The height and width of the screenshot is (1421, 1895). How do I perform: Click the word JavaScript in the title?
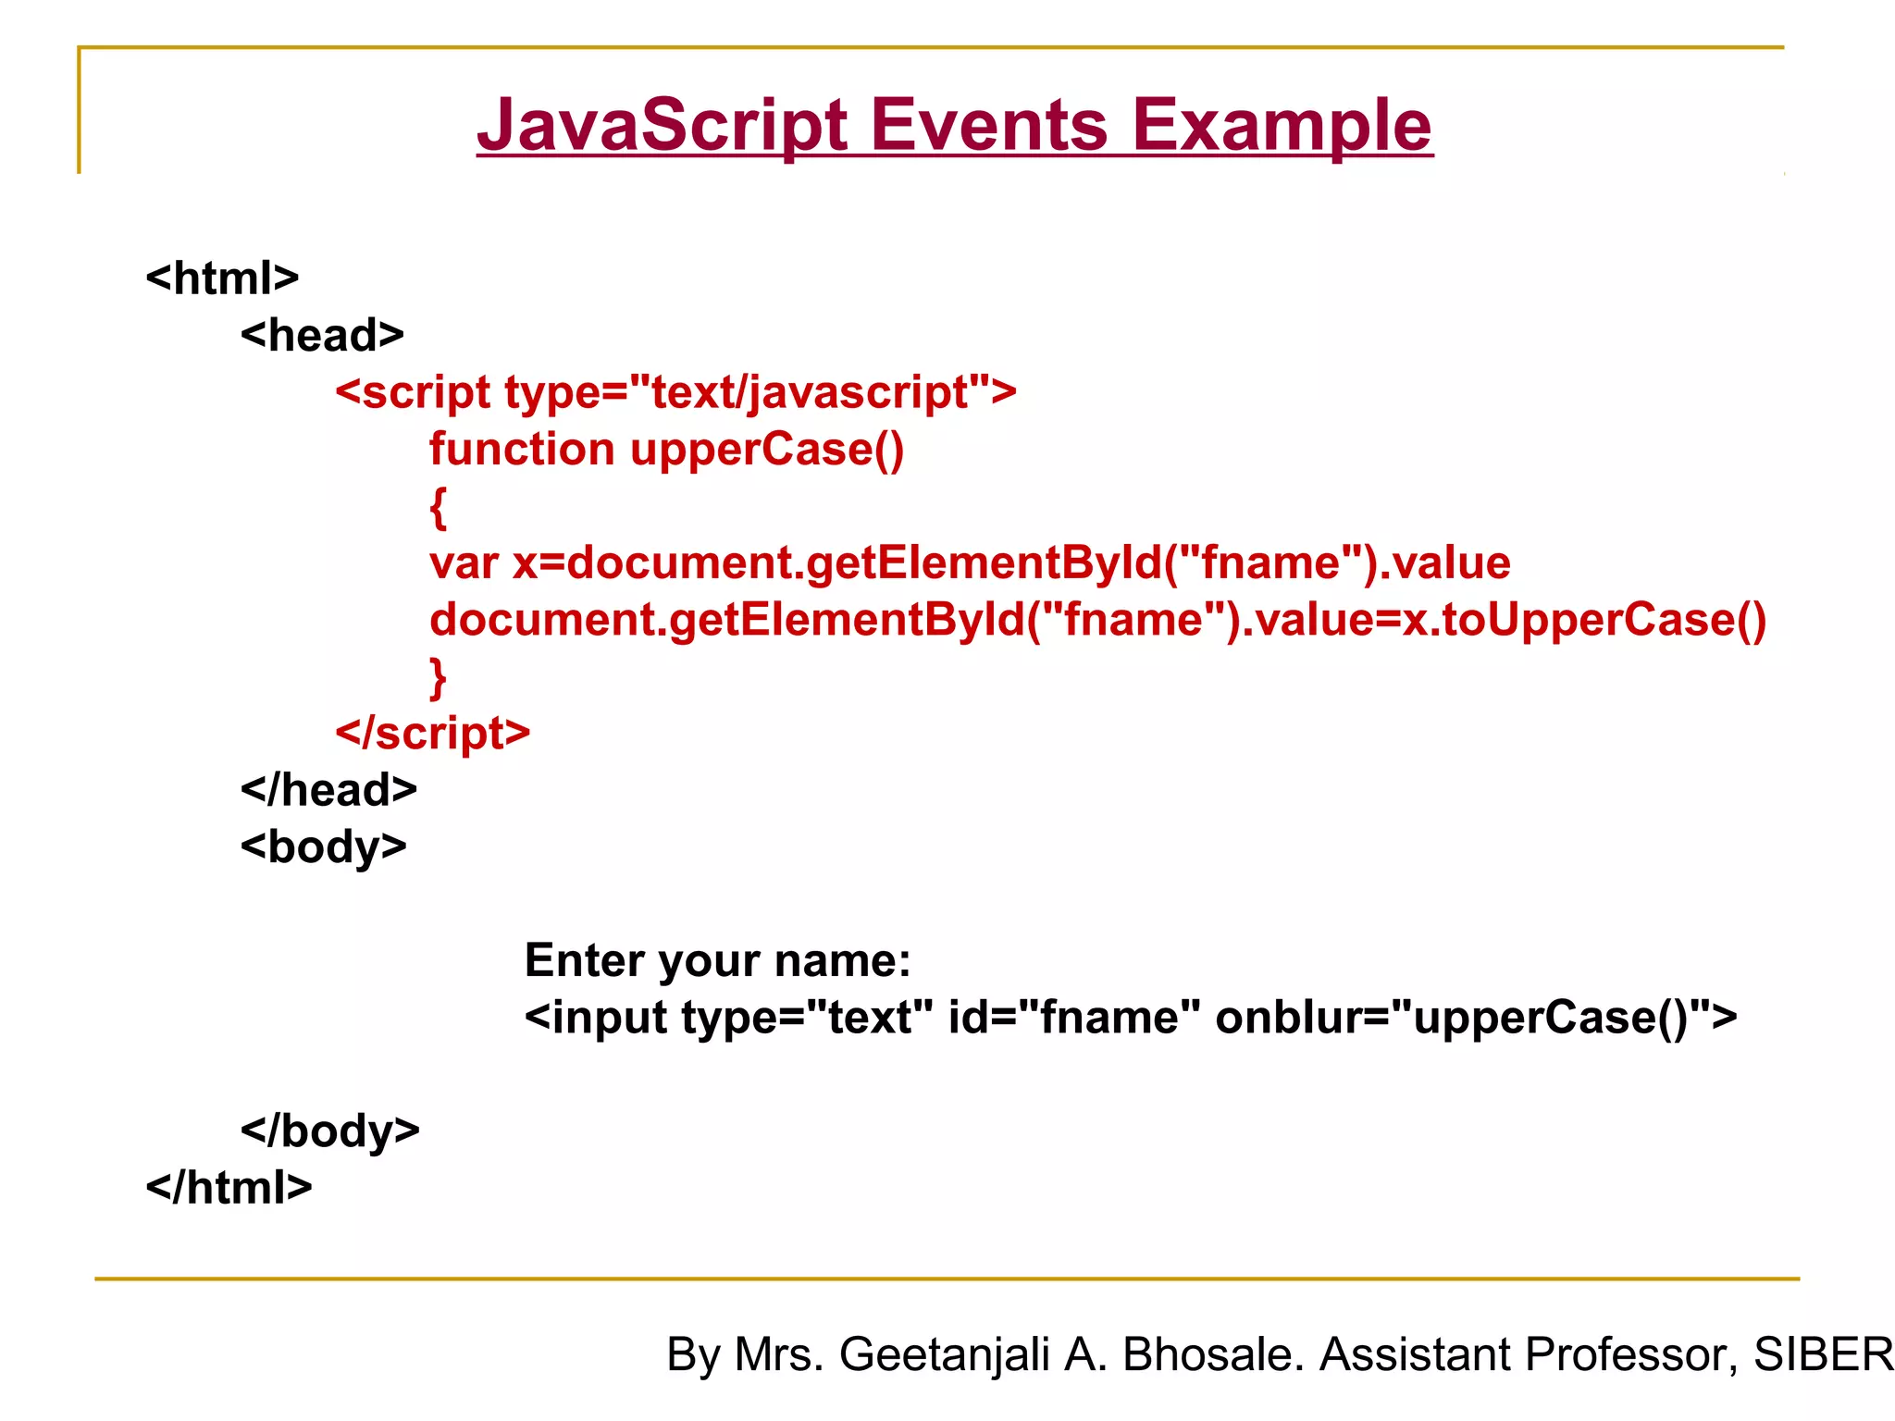(x=662, y=125)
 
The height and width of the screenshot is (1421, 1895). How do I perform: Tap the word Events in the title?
(x=988, y=125)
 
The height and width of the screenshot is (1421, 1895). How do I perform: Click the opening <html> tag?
(x=222, y=278)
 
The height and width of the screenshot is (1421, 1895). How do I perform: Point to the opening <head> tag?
(x=322, y=335)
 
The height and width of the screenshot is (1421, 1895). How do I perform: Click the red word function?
(x=522, y=450)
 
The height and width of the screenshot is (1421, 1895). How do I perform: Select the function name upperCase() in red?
(x=767, y=450)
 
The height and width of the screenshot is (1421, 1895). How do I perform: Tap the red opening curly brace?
(x=439, y=508)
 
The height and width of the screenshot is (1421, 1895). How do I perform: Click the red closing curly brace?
(x=439, y=678)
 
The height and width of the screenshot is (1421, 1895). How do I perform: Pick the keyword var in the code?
(x=464, y=563)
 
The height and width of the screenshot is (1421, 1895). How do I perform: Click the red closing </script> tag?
(x=432, y=733)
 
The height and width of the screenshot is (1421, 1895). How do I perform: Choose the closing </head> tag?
(x=328, y=790)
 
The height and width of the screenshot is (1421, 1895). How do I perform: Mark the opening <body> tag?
(x=323, y=847)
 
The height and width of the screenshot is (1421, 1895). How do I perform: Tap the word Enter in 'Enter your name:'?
(x=584, y=960)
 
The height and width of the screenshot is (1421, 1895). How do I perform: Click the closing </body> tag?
(x=329, y=1131)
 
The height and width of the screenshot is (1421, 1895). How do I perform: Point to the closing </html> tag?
(x=229, y=1188)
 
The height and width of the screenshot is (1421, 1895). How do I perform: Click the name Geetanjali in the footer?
(x=944, y=1354)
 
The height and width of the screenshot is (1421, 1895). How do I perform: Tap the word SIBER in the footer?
(x=1823, y=1354)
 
